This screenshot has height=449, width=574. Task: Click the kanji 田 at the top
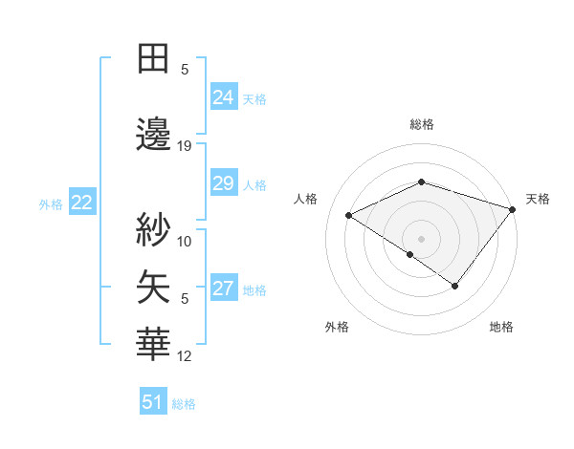coord(153,58)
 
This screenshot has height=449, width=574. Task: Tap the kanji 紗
coord(153,229)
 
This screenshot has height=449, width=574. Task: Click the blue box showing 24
coord(223,97)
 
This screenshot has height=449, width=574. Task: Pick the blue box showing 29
coord(223,183)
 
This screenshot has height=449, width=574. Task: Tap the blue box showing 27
coord(223,289)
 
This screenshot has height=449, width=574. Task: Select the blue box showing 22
coord(82,203)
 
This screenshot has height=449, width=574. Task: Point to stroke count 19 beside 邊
coord(185,146)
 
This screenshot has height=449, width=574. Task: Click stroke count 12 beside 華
coord(185,356)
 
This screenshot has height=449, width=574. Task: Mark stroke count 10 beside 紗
coord(185,241)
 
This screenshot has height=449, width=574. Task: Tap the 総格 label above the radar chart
coord(421,124)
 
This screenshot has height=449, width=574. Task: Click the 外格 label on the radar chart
coord(337,327)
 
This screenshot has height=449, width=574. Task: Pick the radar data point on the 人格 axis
coord(349,216)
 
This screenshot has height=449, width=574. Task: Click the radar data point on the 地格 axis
coord(455,286)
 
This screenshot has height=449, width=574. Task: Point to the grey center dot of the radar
coord(421,237)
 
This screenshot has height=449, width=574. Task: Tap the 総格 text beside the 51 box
coord(184,404)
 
